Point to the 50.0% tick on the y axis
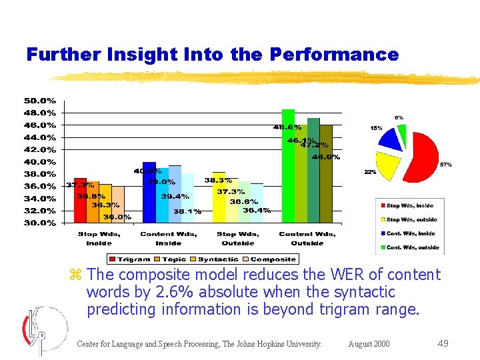pos(41,101)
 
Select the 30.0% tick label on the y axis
pos(41,223)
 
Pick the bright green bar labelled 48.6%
pos(288,167)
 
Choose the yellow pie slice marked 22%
pos(387,167)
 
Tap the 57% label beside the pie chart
pos(446,164)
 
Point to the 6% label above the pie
pos(398,117)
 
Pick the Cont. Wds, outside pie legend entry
pos(411,247)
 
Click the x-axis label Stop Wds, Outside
pos(237,238)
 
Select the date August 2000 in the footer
pos(369,344)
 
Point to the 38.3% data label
pos(218,180)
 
